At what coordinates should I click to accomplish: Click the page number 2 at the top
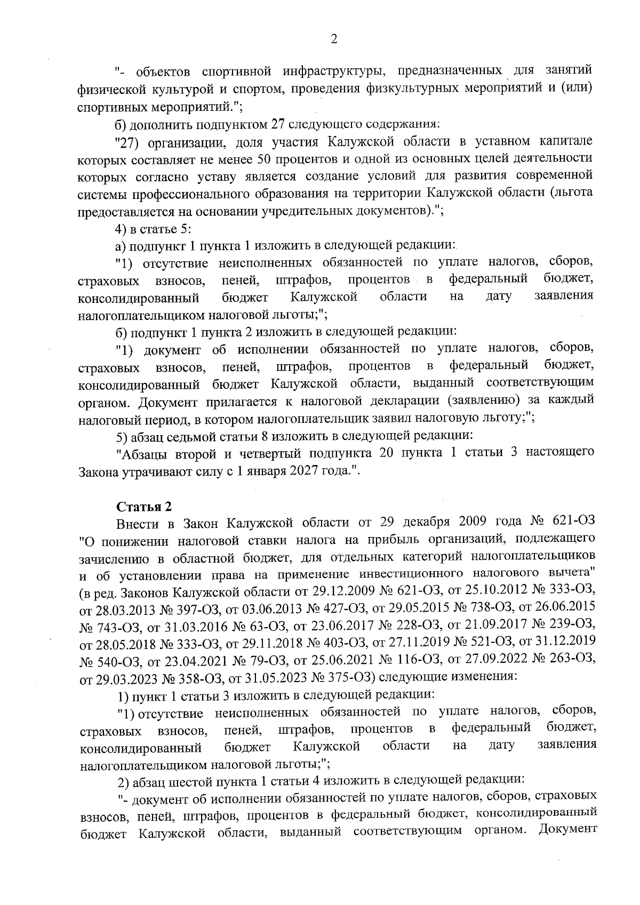click(334, 39)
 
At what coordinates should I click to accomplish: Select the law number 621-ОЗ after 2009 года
click(572, 521)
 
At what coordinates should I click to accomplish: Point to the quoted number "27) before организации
click(128, 143)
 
